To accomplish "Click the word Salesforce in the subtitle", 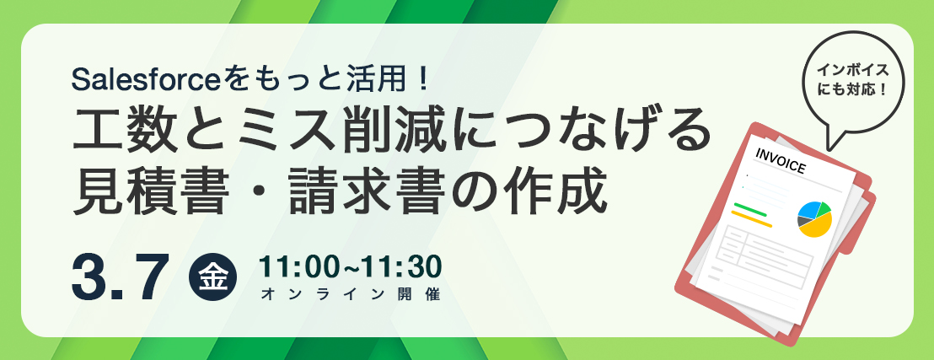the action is (x=145, y=79).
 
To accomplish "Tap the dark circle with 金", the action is (x=212, y=277).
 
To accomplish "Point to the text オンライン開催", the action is (x=351, y=294).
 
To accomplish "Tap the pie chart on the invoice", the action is (x=814, y=218).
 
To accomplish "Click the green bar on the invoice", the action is (x=750, y=210).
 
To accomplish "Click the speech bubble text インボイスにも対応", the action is (x=853, y=80).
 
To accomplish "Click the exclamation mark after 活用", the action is (x=424, y=80).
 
